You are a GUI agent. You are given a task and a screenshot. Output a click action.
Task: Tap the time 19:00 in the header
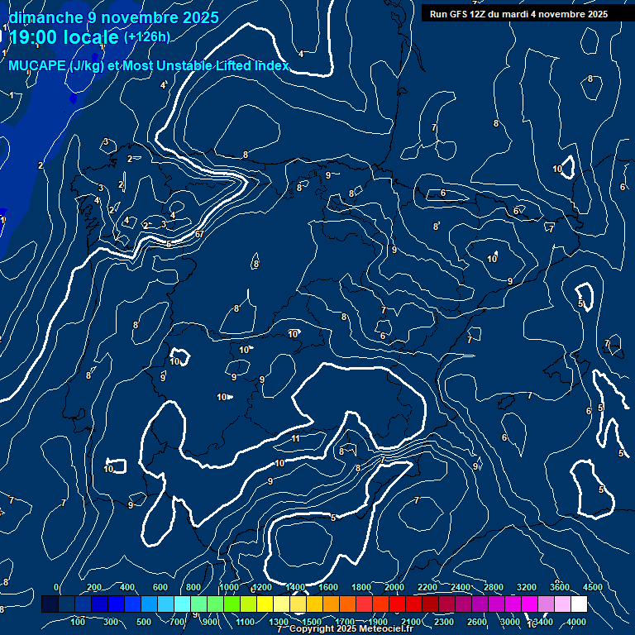tap(34, 37)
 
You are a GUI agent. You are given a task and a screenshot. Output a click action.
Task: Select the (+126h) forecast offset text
tap(147, 37)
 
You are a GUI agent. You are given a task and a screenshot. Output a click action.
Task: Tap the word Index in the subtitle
tap(272, 65)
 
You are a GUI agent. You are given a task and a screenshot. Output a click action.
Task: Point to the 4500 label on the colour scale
tap(592, 587)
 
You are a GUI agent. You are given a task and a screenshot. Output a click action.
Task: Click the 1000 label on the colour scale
tap(228, 587)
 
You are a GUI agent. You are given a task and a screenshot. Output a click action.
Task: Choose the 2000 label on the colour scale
tap(394, 587)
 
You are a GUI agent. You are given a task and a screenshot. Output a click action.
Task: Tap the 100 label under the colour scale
tap(79, 622)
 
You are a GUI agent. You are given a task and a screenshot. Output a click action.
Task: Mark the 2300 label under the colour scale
tap(443, 622)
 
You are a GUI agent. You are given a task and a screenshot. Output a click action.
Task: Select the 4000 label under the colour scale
tap(576, 622)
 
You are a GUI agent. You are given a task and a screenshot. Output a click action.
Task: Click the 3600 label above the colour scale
tap(559, 587)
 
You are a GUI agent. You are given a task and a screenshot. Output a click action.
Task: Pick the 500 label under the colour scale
tap(145, 622)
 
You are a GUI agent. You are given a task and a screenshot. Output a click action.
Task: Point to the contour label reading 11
tap(295, 438)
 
